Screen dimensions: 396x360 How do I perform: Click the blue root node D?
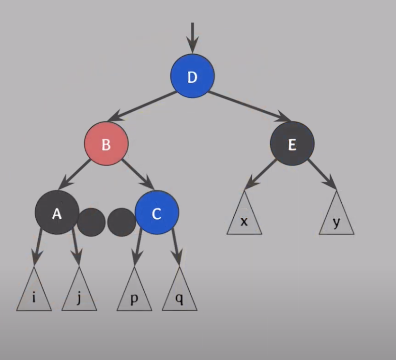(192, 76)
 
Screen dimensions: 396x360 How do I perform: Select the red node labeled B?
(106, 144)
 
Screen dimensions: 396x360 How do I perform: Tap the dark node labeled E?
(292, 144)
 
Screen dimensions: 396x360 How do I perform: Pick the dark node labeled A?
(57, 212)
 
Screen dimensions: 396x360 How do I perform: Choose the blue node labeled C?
(157, 213)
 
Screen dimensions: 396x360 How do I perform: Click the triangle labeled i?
(34, 294)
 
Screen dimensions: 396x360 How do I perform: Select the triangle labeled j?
(79, 294)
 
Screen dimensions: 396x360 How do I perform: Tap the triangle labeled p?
(134, 294)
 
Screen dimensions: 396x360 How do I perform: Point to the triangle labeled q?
(179, 294)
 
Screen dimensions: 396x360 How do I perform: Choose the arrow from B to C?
(137, 173)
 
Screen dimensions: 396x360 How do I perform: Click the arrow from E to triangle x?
(261, 173)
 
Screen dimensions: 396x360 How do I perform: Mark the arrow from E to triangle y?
(321, 173)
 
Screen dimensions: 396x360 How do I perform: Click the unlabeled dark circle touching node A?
(91, 222)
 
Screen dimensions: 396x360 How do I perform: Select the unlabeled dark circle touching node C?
(121, 222)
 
